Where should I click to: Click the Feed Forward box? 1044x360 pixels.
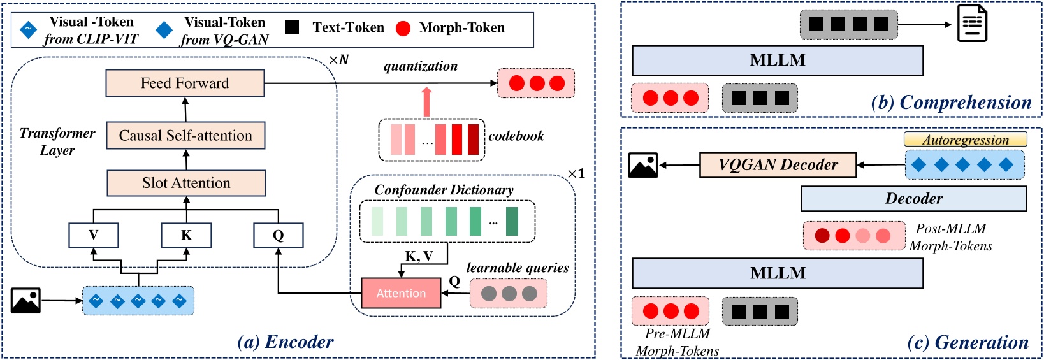185,83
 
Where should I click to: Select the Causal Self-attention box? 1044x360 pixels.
185,136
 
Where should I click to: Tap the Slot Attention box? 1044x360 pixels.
186,184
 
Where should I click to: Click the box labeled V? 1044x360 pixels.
94,235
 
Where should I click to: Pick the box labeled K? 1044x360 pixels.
186,235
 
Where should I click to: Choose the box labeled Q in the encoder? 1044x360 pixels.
278,235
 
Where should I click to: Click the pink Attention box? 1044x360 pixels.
401,293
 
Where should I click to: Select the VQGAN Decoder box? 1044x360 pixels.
778,165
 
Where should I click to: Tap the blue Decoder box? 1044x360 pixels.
913,199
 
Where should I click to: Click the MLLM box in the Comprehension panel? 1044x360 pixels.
778,61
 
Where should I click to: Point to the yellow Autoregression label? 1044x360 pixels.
965,140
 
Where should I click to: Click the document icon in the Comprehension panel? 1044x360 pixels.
972,24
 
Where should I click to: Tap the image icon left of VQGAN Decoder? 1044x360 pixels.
642,165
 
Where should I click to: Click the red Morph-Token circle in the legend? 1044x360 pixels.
403,28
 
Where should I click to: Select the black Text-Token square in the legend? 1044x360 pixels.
292,27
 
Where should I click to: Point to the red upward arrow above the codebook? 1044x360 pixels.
426,102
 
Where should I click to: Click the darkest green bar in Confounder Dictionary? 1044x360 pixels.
512,221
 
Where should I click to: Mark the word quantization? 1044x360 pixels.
420,66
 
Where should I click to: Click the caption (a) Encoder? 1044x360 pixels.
285,342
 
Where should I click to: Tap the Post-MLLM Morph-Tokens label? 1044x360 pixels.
950,237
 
